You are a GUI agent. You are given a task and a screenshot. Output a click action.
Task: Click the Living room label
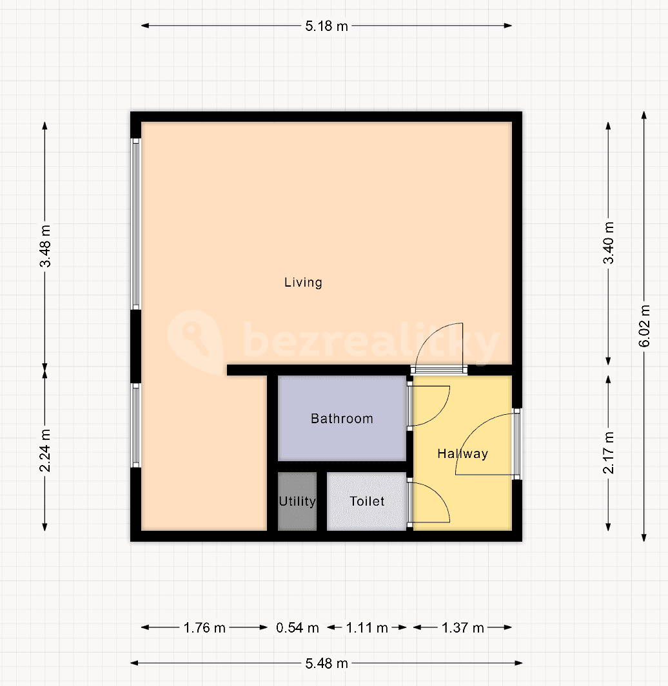[303, 282]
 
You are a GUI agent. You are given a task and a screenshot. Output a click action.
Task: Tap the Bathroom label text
[342, 419]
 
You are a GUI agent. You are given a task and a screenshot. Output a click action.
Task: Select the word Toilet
[367, 501]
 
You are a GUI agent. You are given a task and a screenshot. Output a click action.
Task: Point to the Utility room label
[297, 501]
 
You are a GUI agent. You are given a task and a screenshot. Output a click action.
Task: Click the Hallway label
[462, 453]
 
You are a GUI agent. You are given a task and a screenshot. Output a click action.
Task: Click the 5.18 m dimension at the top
[326, 26]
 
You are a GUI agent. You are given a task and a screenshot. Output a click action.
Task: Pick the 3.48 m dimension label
[45, 247]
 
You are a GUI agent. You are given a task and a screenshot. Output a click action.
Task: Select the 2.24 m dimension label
[45, 450]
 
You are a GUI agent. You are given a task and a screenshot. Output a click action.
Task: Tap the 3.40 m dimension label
[608, 243]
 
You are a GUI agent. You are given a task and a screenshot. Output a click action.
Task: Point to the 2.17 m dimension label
[608, 453]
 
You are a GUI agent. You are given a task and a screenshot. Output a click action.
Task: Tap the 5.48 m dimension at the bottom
[326, 663]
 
